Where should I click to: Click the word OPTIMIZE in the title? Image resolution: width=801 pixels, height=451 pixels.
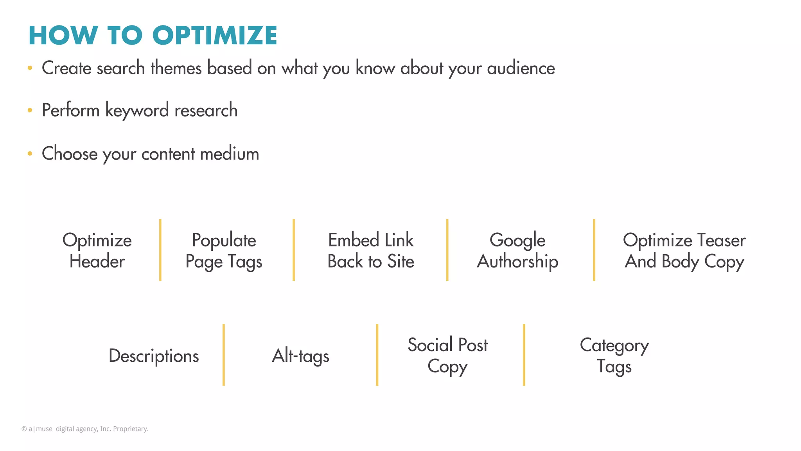215,36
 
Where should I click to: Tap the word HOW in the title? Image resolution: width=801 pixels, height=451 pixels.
63,36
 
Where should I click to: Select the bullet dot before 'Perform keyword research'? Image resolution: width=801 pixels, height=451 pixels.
30,110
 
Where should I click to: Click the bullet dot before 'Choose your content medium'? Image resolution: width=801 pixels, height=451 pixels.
30,154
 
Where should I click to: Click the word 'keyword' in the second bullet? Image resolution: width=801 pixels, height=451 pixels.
137,111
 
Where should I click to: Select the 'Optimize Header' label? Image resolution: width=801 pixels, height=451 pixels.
97,251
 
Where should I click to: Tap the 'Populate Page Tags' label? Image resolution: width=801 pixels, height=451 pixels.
224,251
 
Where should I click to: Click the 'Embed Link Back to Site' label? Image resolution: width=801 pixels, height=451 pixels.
371,251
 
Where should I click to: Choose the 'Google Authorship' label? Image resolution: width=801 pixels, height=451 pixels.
517,251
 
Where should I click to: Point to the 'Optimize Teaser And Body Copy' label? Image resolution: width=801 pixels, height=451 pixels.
684,251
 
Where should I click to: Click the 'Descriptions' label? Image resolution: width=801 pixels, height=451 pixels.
154,356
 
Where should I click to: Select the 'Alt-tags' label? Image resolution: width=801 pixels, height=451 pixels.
300,356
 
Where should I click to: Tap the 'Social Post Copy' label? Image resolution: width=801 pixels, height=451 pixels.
447,356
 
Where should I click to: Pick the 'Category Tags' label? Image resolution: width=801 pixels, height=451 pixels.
614,356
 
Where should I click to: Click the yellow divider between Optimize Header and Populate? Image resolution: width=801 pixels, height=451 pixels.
160,250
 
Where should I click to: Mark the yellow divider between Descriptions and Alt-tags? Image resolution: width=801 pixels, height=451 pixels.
224,355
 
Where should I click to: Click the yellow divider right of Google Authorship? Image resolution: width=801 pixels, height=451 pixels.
594,250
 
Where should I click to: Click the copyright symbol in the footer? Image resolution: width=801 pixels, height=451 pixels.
24,429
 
